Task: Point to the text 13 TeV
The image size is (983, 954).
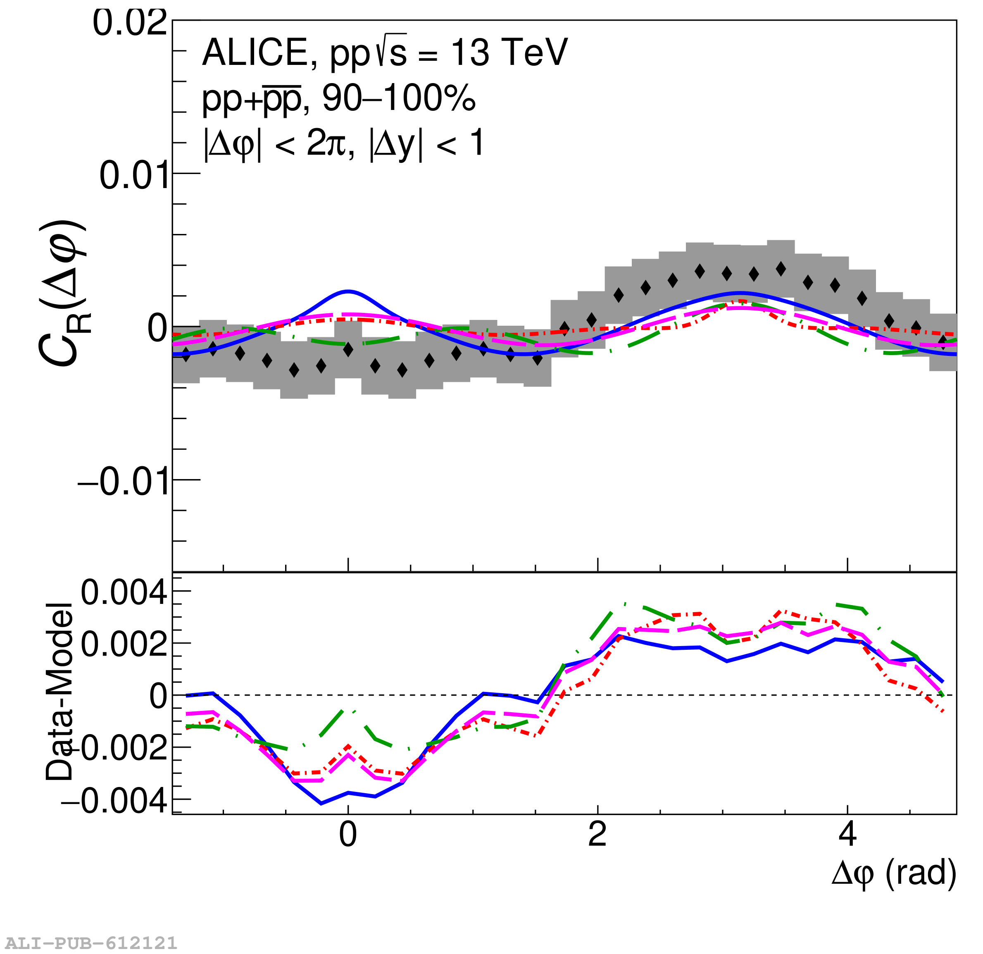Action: tap(509, 52)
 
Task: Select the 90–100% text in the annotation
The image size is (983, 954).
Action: tap(398, 98)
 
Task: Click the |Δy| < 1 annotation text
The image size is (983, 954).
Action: tap(426, 144)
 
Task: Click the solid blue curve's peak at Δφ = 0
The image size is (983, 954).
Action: tap(348, 291)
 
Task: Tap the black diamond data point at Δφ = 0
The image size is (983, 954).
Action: tap(348, 350)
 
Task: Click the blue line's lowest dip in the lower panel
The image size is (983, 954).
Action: tap(321, 804)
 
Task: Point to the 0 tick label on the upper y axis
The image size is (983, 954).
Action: tap(157, 329)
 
